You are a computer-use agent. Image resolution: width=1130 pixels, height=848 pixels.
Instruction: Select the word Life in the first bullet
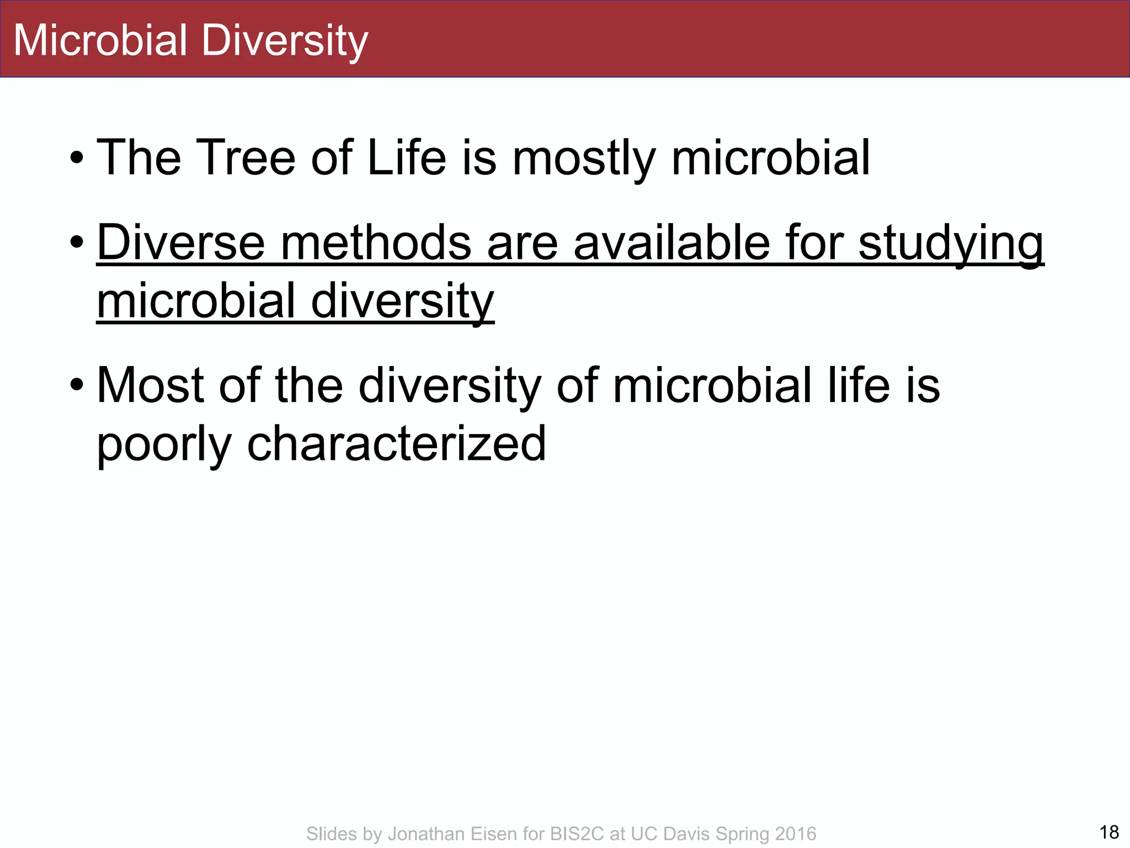click(x=406, y=158)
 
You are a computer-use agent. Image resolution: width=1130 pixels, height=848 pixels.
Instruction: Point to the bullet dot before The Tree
click(x=77, y=159)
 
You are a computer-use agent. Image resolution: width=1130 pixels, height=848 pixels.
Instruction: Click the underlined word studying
click(x=951, y=245)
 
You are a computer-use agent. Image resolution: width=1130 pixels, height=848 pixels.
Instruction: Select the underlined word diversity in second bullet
click(x=402, y=302)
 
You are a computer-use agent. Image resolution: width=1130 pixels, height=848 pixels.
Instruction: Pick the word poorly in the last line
click(x=164, y=445)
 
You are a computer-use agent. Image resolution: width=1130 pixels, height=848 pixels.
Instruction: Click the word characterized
click(x=396, y=444)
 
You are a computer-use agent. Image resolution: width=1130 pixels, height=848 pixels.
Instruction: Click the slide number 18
click(x=1109, y=832)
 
